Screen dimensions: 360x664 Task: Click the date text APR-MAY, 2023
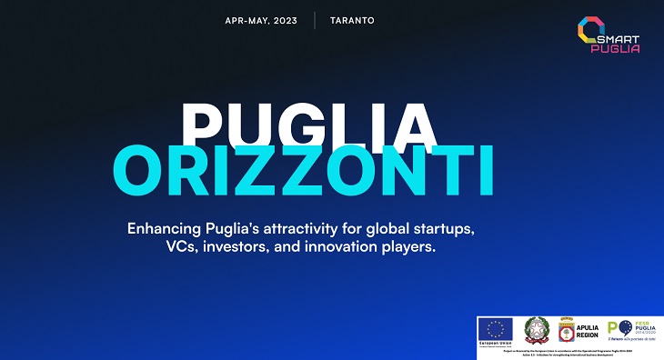(262, 20)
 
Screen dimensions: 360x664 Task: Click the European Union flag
(496, 328)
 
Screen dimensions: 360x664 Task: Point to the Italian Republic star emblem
(536, 330)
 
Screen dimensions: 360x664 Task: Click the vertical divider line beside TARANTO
(315, 20)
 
